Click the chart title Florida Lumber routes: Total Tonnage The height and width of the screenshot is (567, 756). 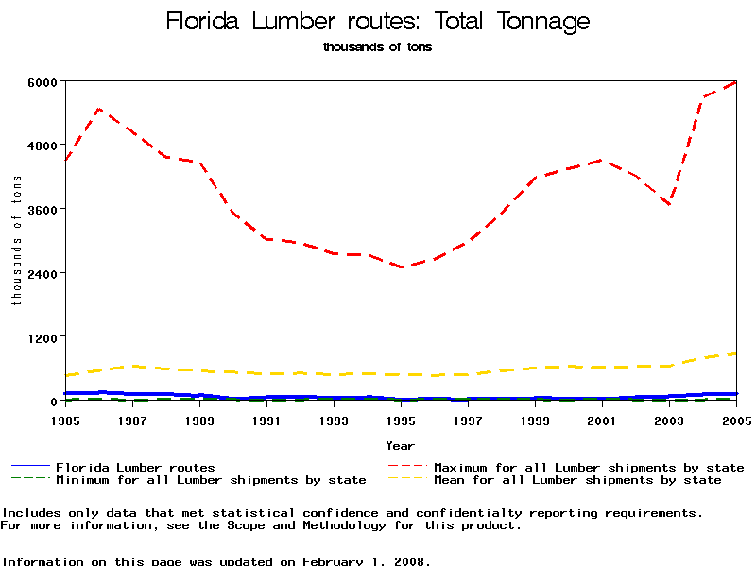[378, 22]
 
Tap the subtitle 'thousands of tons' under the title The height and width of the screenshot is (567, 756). [378, 46]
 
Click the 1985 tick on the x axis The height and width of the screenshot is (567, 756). [66, 419]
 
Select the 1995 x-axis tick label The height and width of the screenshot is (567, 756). [402, 419]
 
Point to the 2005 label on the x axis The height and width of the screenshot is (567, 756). [736, 419]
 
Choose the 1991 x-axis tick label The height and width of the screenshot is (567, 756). [267, 419]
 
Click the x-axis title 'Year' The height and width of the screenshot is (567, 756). [401, 445]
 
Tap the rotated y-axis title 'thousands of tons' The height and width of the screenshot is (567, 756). [16, 240]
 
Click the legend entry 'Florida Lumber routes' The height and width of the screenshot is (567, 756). [135, 467]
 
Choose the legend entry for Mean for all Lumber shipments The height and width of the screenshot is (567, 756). [577, 480]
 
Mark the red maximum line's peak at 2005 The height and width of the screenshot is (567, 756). [736, 82]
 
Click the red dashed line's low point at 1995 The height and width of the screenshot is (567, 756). [403, 267]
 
